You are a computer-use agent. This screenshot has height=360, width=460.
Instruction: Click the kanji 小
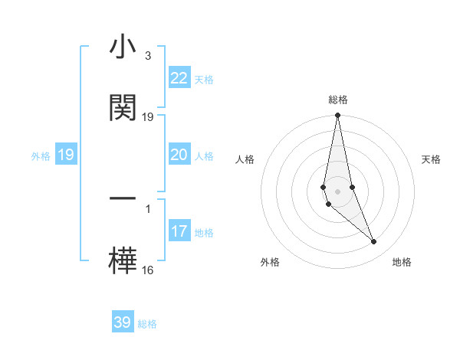point(123,47)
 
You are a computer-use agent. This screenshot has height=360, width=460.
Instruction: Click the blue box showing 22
point(179,78)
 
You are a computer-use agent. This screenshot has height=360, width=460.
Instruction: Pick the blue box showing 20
point(179,155)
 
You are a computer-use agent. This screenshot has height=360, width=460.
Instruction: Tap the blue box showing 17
point(179,231)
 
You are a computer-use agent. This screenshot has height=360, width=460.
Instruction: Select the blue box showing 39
point(122,322)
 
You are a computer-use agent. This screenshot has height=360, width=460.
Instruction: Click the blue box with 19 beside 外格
point(65,155)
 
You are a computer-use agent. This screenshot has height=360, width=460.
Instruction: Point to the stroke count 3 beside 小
point(147,56)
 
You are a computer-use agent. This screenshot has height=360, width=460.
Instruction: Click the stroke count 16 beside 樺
point(148,270)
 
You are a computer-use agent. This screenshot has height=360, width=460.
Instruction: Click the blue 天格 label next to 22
point(204,80)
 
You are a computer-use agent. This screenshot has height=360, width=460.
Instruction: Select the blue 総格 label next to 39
point(147,324)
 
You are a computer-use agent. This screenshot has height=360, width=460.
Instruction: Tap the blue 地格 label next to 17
point(204,233)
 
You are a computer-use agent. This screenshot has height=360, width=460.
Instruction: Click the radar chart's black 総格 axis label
point(337,100)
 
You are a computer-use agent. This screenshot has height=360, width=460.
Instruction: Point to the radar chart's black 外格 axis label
point(270,262)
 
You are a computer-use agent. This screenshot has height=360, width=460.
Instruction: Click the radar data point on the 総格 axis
point(337,116)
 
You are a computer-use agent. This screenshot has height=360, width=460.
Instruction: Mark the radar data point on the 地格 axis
point(374,242)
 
